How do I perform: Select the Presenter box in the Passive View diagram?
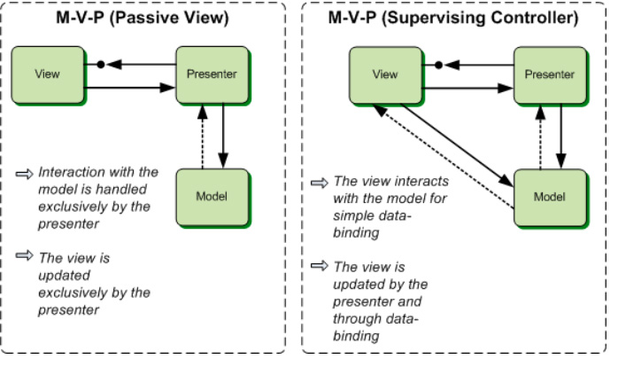[x=212, y=74]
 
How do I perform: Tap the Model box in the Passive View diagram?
[x=211, y=197]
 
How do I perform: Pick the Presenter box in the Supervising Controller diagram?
[x=549, y=74]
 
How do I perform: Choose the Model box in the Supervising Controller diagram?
[x=548, y=197]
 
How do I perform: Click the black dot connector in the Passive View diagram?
[x=101, y=65]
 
